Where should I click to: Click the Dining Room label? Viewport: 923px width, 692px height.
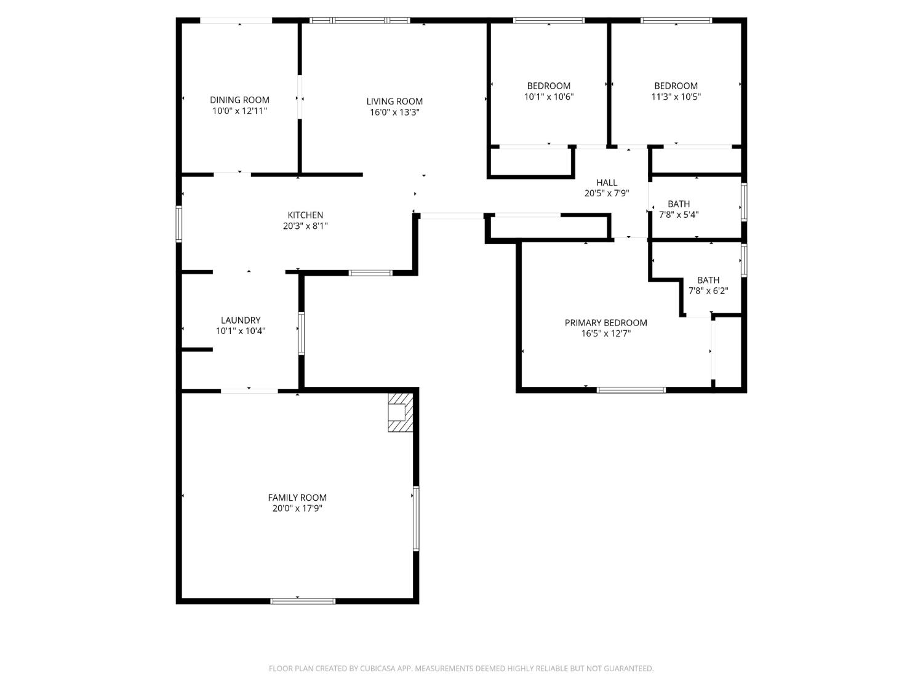tap(239, 100)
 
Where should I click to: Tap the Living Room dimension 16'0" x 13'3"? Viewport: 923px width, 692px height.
tap(394, 113)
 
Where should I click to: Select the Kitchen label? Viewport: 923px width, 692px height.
tap(305, 215)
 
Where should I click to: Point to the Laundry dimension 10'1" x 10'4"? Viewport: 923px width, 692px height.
tap(241, 331)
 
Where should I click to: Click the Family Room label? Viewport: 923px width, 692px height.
tap(297, 498)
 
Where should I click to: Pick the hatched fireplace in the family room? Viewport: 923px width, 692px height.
tap(399, 412)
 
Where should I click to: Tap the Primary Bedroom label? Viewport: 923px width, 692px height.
tap(605, 323)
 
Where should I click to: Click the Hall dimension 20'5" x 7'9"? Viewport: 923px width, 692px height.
tap(606, 193)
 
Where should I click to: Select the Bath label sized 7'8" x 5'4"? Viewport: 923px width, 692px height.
tap(679, 204)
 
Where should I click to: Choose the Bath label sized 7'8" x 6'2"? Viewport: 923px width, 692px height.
tap(708, 280)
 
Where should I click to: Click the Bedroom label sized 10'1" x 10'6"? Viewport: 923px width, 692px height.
tap(548, 86)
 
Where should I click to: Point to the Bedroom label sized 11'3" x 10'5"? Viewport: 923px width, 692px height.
tap(676, 86)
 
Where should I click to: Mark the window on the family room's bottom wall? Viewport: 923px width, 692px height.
tap(303, 601)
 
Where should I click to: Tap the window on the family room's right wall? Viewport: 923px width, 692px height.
tap(416, 519)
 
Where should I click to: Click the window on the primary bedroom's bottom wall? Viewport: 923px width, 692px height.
tap(631, 389)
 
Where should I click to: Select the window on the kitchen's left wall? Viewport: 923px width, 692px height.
tap(179, 224)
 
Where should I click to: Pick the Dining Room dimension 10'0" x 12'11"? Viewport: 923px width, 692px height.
tap(239, 111)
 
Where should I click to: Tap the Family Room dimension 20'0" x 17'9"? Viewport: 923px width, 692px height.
tap(297, 509)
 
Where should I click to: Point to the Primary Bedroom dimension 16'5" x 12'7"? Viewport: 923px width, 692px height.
tap(605, 334)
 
